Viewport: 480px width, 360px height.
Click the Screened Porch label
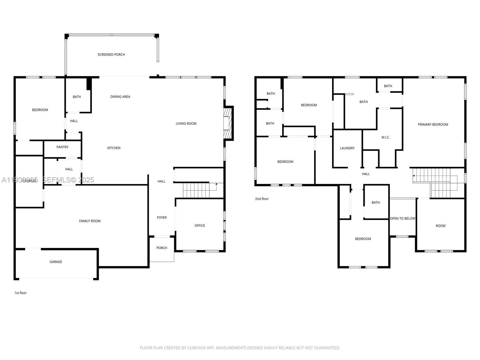(x=111, y=55)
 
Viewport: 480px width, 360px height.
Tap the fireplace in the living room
(x=228, y=123)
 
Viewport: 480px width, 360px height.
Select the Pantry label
(x=62, y=147)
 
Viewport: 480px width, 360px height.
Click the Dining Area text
(x=120, y=97)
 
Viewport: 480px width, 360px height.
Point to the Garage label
(x=56, y=262)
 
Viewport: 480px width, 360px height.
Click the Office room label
(x=199, y=226)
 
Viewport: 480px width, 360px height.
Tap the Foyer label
(x=162, y=217)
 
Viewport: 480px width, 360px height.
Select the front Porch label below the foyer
(x=162, y=248)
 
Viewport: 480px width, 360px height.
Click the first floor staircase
(x=196, y=190)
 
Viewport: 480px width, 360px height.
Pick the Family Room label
(x=90, y=221)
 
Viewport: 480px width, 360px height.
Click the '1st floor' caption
(x=20, y=293)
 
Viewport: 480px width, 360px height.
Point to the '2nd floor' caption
(x=262, y=199)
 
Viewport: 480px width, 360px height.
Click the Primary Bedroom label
(x=433, y=124)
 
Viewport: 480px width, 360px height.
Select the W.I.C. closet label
(x=385, y=137)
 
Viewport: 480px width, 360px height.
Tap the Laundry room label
(x=347, y=148)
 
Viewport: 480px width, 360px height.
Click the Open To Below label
(x=403, y=218)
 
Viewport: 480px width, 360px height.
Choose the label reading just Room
(x=440, y=226)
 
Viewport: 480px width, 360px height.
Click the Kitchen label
(x=114, y=148)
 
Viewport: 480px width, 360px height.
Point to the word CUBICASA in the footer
(x=196, y=348)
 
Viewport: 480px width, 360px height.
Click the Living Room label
(x=186, y=124)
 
